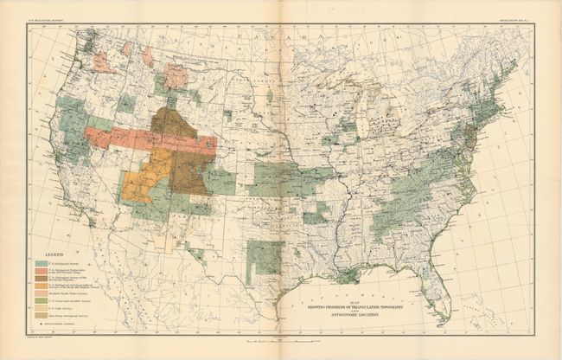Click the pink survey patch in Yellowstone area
pyautogui.click(x=176, y=77)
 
